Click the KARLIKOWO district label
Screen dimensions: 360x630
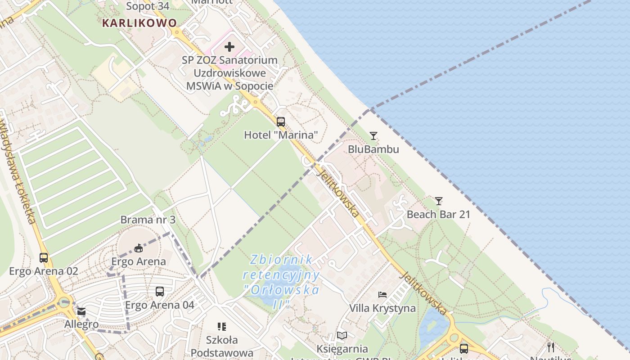pyautogui.click(x=139, y=22)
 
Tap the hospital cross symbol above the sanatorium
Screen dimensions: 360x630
pyautogui.click(x=229, y=46)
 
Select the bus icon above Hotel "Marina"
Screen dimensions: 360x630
pyautogui.click(x=281, y=121)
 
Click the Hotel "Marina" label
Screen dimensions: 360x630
pyautogui.click(x=281, y=135)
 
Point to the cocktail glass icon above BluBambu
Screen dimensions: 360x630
pyautogui.click(x=373, y=135)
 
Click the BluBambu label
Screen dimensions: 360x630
pyautogui.click(x=373, y=148)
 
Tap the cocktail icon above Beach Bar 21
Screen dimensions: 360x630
pyautogui.click(x=439, y=201)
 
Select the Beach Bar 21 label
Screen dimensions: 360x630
pyautogui.click(x=438, y=214)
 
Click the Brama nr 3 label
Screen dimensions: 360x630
pyautogui.click(x=148, y=220)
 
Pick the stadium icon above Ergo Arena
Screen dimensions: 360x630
pyautogui.click(x=139, y=248)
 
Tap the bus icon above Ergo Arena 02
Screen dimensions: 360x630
pyautogui.click(x=44, y=258)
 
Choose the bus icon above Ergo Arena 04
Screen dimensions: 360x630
pyautogui.click(x=160, y=292)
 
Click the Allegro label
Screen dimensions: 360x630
pyautogui.click(x=81, y=324)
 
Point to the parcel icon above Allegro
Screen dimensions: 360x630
pyautogui.click(x=81, y=311)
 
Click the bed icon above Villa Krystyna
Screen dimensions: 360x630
pyautogui.click(x=382, y=295)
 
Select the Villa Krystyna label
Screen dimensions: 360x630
pyautogui.click(x=382, y=308)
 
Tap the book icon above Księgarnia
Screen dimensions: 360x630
pyautogui.click(x=342, y=336)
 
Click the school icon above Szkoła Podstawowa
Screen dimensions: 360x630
pyautogui.click(x=221, y=326)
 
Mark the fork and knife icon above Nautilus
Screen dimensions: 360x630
pyautogui.click(x=550, y=347)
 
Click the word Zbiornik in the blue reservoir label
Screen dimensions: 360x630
pyautogui.click(x=282, y=260)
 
